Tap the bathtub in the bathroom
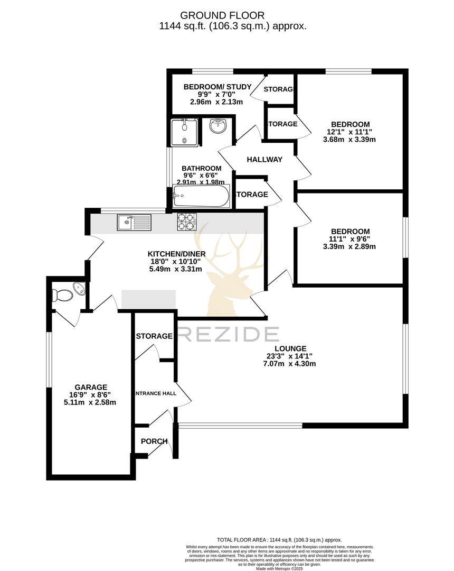pyautogui.click(x=201, y=198)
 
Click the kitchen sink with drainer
pyautogui.click(x=134, y=222)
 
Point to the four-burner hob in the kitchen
pyautogui.click(x=187, y=222)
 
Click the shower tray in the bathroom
pyautogui.click(x=184, y=132)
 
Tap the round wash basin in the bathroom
pyautogui.click(x=217, y=126)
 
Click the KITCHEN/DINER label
pyautogui.click(x=176, y=254)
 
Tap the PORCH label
pyautogui.click(x=154, y=441)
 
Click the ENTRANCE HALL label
pyautogui.click(x=155, y=393)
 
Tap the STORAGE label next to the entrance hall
pyautogui.click(x=154, y=336)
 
